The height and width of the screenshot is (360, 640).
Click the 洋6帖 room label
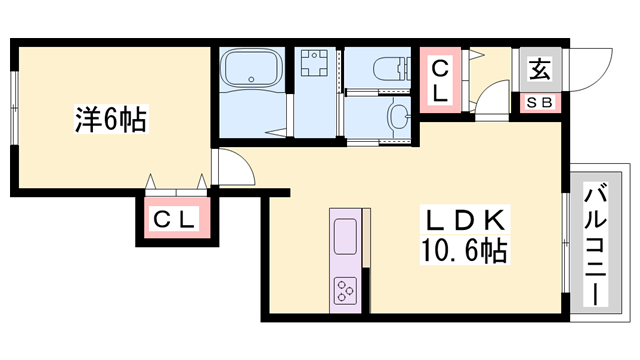pyautogui.click(x=111, y=119)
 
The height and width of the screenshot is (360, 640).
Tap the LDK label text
pyautogui.click(x=465, y=220)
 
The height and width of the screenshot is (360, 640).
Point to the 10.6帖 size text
pyautogui.click(x=464, y=250)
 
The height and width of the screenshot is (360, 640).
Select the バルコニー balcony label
pyautogui.click(x=596, y=244)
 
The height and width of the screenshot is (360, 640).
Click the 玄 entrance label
pyautogui.click(x=540, y=69)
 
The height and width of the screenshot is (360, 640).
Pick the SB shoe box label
pyautogui.click(x=540, y=102)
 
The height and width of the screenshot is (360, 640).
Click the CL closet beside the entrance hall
pyautogui.click(x=440, y=80)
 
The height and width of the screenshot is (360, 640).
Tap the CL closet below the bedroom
pyautogui.click(x=173, y=220)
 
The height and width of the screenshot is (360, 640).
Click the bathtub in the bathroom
pyautogui.click(x=251, y=67)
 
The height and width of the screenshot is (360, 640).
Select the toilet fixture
pyautogui.click(x=391, y=67)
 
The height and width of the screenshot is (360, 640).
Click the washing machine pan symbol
pyautogui.click(x=314, y=63)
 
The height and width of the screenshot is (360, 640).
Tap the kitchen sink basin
pyautogui.click(x=345, y=236)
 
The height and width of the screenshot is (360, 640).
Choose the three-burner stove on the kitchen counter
pyautogui.click(x=345, y=291)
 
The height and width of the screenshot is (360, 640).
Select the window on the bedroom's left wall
pyautogui.click(x=15, y=108)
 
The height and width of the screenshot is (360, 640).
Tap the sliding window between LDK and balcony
pyautogui.click(x=566, y=242)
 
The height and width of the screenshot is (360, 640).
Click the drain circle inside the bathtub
pyautogui.click(x=251, y=79)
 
